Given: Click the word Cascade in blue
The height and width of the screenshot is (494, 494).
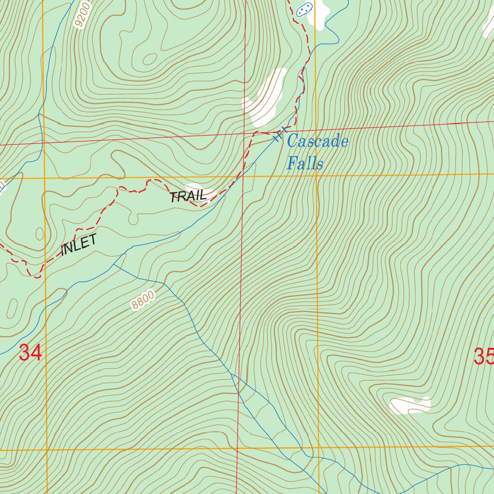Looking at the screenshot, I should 317,141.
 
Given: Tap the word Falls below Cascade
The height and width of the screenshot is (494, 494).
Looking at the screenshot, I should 304,163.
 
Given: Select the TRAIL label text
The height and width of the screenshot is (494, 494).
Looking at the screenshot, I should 188,196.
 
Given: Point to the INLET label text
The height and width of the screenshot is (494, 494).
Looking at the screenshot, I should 79,245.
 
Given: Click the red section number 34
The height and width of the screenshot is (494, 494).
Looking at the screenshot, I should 30,353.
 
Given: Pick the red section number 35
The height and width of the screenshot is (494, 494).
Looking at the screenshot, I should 483,357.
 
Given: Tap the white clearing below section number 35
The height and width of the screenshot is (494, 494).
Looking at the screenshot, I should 410,405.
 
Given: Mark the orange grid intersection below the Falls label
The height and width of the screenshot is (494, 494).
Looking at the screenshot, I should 316,175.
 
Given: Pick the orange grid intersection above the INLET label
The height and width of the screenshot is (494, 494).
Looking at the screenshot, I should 44,178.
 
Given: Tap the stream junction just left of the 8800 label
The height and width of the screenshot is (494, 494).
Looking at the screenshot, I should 113,264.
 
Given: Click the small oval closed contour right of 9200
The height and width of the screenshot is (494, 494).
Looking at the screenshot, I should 150,58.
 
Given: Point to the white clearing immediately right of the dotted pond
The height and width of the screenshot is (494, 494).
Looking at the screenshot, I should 322,11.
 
